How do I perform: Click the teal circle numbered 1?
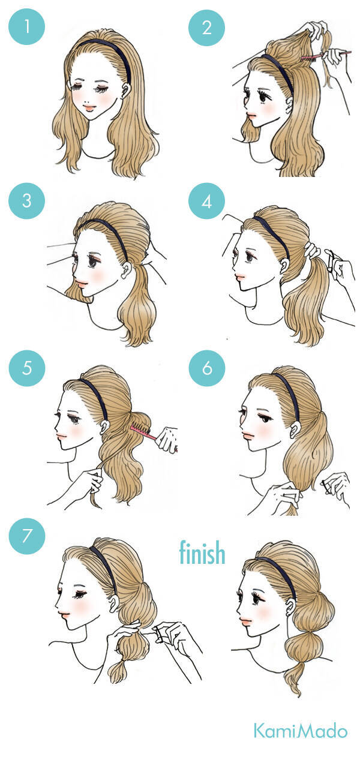click(x=27, y=27)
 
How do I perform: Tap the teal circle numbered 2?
click(x=206, y=27)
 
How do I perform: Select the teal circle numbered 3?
click(x=27, y=200)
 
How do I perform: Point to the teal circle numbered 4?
click(x=206, y=201)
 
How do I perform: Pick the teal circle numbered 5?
click(x=27, y=368)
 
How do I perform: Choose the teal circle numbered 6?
click(x=207, y=368)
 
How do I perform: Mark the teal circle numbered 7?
click(x=27, y=536)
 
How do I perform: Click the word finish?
click(x=202, y=552)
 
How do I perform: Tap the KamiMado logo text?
click(x=301, y=731)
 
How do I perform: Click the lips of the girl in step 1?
click(x=90, y=108)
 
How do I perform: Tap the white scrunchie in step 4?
click(x=312, y=250)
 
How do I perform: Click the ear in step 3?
click(x=127, y=270)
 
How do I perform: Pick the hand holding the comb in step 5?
click(x=167, y=438)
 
